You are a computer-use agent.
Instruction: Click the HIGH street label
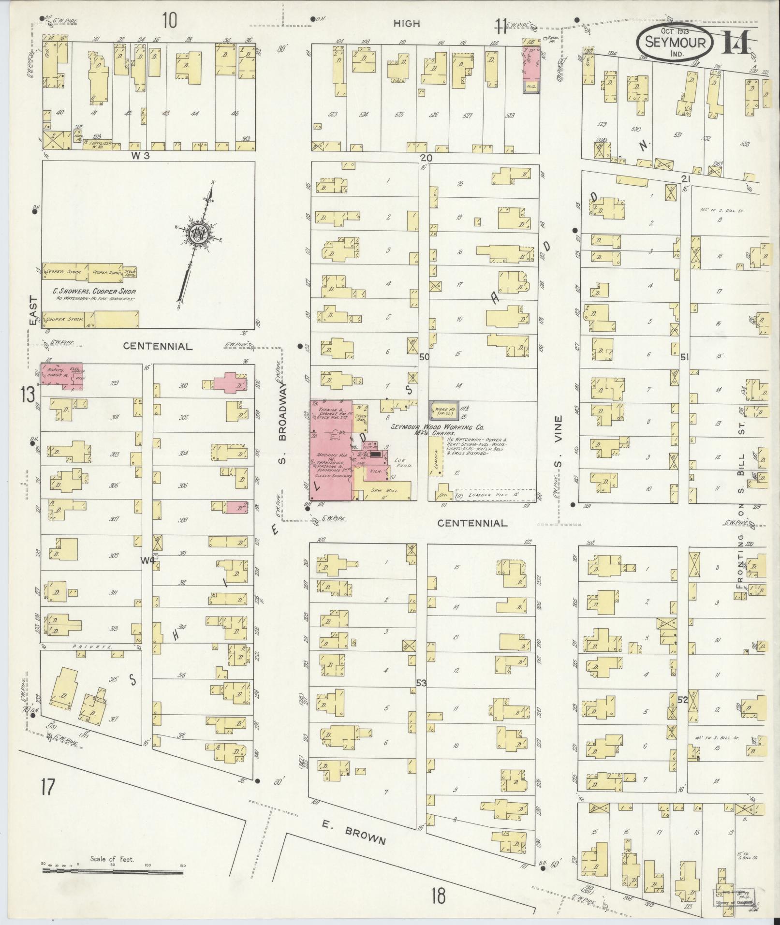coord(406,23)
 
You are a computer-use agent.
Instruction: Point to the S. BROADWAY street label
coord(283,423)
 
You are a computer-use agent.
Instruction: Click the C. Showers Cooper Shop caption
coord(94,292)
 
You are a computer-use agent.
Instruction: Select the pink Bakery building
coord(61,377)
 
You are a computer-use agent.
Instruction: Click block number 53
coord(421,683)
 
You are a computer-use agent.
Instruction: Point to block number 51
coord(684,357)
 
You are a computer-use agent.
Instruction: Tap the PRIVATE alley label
coord(90,646)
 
